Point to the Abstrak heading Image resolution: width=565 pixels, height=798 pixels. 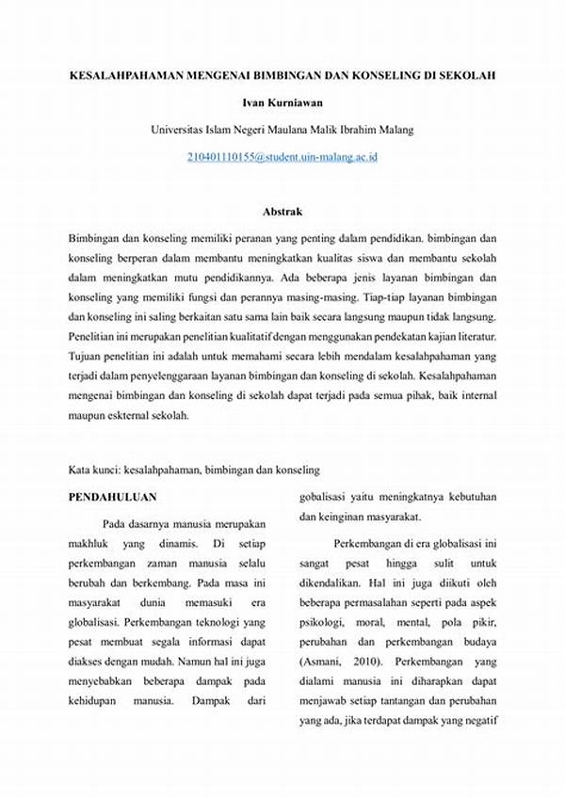[282, 213]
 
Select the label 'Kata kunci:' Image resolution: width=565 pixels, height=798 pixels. [97, 468]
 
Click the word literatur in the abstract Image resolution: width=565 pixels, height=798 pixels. [476, 336]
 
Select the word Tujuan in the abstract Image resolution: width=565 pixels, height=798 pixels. [89, 357]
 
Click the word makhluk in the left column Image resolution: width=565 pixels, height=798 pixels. [90, 545]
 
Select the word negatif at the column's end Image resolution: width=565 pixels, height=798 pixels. [476, 721]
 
